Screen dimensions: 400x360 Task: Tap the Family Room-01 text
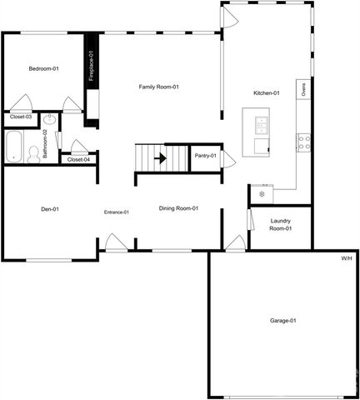tap(159, 87)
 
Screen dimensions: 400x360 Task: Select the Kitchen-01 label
tap(266, 93)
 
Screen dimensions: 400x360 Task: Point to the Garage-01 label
tap(282, 321)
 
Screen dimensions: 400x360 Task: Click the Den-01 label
tap(49, 209)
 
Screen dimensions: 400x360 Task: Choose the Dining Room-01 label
tap(178, 208)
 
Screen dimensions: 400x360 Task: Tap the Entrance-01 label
tap(116, 212)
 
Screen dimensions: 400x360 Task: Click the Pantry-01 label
tap(205, 156)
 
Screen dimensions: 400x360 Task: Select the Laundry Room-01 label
tap(282, 224)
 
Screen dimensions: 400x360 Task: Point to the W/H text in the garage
tap(346, 259)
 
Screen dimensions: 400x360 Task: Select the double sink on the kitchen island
tap(262, 125)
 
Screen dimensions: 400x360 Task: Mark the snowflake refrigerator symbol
tap(261, 194)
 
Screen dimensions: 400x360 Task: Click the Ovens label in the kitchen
tap(305, 90)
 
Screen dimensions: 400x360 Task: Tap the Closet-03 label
tap(20, 117)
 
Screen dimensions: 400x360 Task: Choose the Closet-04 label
tap(78, 159)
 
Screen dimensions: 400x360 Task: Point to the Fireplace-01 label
tap(91, 66)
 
